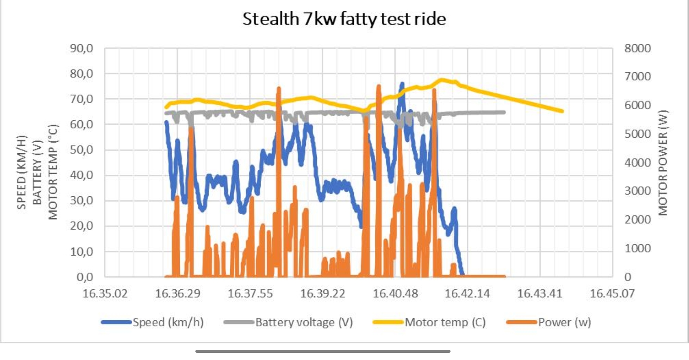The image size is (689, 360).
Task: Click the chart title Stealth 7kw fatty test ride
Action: [344, 19]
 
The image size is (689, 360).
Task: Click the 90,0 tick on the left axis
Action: [82, 48]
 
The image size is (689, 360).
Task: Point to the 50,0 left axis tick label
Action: [82, 150]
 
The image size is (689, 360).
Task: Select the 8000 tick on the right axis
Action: [637, 48]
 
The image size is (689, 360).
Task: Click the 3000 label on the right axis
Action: [637, 191]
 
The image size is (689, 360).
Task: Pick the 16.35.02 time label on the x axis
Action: [105, 293]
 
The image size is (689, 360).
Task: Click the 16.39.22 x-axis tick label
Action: [323, 293]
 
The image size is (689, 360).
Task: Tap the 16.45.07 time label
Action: [612, 293]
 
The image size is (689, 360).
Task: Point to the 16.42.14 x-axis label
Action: [467, 293]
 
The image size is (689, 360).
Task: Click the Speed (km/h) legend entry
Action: [168, 322]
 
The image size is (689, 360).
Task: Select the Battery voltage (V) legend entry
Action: [304, 322]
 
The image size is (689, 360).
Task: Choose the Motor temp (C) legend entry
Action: [445, 322]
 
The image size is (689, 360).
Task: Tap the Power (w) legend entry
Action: [564, 322]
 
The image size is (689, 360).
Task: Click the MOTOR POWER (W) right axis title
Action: [663, 163]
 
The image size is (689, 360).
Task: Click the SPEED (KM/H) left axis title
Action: [22, 172]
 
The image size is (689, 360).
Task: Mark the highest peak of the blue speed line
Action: [402, 84]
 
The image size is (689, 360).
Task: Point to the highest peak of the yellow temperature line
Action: [441, 80]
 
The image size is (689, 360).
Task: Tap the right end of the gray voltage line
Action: [504, 112]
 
